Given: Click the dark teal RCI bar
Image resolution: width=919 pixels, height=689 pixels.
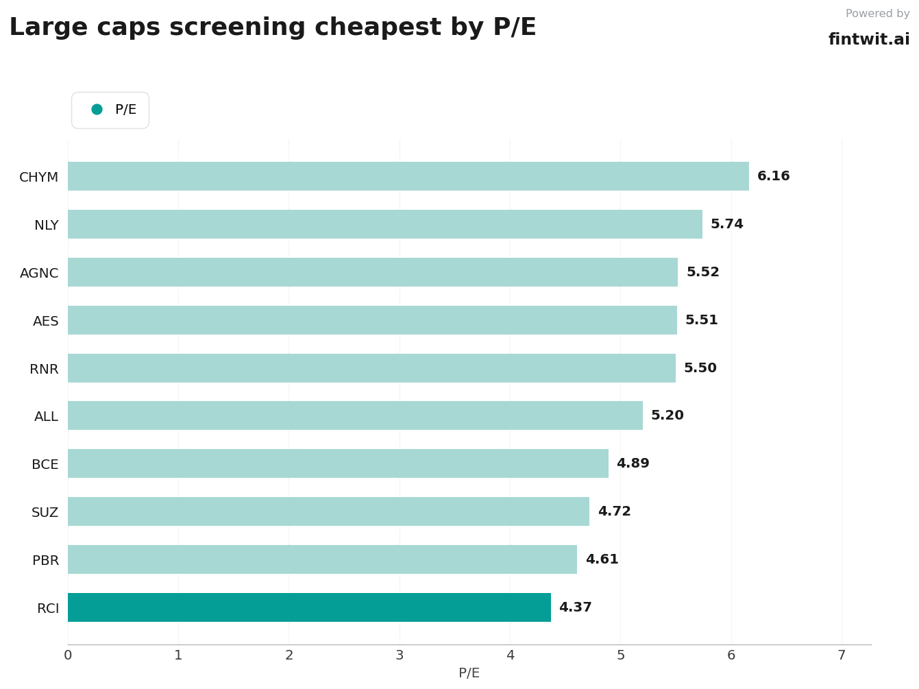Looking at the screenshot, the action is [309, 607].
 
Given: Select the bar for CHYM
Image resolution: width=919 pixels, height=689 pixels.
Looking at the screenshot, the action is [408, 176].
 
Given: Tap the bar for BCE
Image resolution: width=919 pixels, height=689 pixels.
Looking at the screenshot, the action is [338, 463].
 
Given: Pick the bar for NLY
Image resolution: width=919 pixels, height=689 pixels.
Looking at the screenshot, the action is [384, 224].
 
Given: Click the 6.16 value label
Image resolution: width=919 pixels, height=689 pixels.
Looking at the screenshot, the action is [773, 176].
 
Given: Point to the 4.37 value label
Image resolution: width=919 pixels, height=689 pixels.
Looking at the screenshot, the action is [575, 607].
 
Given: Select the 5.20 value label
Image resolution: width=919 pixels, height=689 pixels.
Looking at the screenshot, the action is [667, 415].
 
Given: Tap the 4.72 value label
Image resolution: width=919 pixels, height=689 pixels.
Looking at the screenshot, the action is [614, 511].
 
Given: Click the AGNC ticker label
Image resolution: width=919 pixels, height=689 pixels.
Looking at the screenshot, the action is [39, 273].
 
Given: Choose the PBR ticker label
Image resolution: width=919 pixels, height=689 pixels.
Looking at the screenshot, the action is [45, 560].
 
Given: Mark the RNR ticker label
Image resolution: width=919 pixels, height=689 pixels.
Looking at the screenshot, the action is [44, 369].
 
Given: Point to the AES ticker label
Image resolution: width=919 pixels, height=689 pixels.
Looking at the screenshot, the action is [46, 321].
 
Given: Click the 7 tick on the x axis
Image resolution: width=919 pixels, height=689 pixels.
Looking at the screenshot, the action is [842, 655].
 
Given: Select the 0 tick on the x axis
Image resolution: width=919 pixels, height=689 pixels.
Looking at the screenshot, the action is [68, 655].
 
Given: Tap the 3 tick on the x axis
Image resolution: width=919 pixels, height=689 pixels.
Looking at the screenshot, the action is [400, 655].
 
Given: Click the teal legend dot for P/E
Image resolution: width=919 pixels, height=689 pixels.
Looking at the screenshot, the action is [97, 109].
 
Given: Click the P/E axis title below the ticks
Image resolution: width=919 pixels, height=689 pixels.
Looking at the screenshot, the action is [469, 673].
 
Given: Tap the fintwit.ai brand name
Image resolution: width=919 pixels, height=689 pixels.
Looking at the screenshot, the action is [869, 39].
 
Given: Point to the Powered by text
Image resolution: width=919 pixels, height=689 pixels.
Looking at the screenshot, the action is [878, 14].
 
